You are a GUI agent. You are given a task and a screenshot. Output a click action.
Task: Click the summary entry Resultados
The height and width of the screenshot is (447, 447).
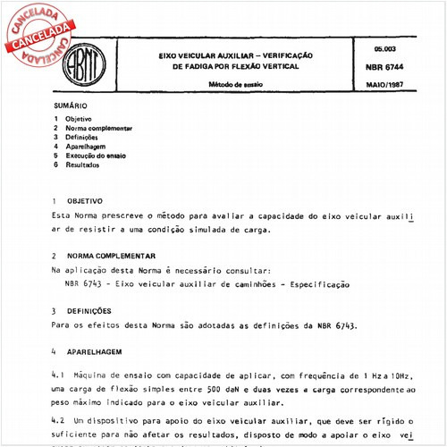point(82,165)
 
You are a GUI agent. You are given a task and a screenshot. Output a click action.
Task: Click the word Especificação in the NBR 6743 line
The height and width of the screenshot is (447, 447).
point(312,283)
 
